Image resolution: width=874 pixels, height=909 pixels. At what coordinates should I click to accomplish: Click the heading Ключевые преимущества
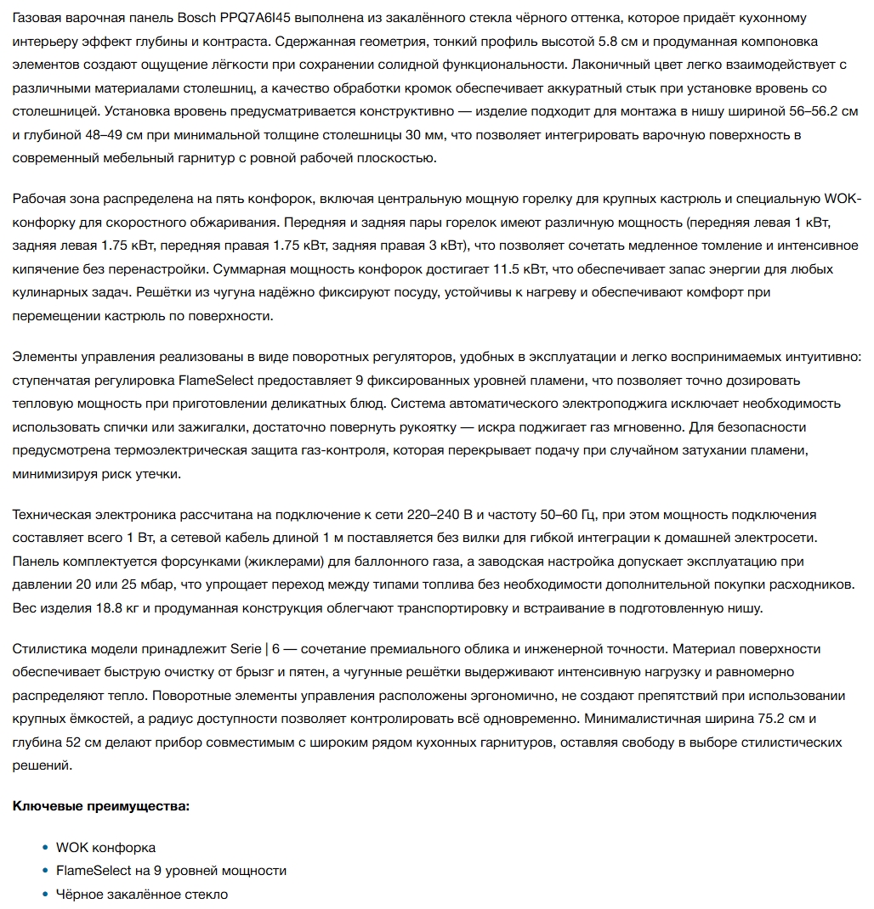tap(100, 805)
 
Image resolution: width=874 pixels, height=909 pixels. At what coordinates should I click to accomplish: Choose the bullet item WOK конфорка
tap(105, 848)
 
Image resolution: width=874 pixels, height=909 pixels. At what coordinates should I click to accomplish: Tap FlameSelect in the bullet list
tap(93, 871)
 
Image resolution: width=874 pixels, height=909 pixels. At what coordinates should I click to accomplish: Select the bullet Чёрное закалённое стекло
tap(142, 895)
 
